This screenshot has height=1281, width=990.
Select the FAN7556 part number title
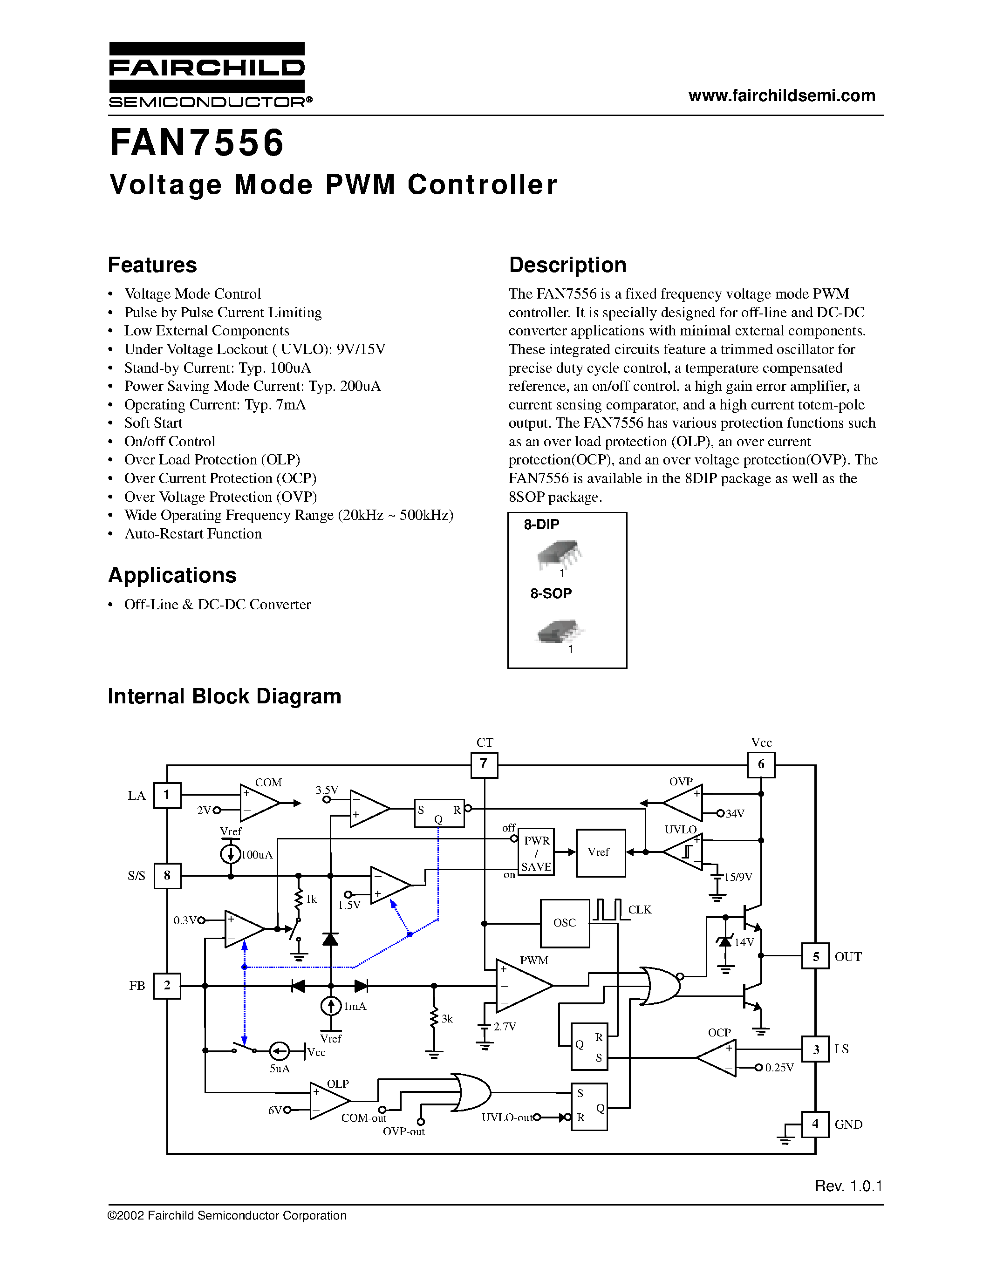point(197,143)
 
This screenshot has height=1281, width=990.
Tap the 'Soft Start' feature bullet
point(153,423)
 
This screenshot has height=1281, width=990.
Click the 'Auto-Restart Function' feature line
point(193,534)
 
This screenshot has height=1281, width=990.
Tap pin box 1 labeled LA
point(167,795)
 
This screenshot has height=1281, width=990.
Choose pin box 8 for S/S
point(167,876)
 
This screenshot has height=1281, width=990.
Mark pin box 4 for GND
point(815,1124)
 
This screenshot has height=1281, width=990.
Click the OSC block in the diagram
point(564,923)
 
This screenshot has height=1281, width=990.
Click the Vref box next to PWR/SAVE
point(600,852)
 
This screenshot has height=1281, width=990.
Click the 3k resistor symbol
point(434,1018)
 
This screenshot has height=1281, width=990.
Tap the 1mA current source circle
point(331,1006)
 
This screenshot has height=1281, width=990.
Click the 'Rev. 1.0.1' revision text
point(848,1186)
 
